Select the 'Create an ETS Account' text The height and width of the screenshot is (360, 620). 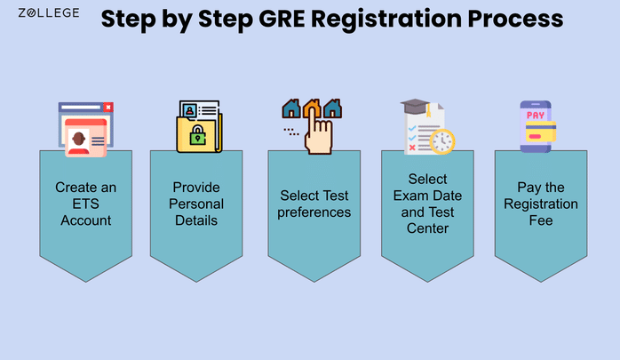click(x=86, y=204)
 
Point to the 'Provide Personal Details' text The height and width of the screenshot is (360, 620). click(x=196, y=204)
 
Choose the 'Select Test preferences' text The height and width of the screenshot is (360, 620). click(x=315, y=204)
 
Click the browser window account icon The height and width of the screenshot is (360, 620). click(x=86, y=130)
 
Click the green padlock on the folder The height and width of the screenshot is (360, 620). click(x=197, y=138)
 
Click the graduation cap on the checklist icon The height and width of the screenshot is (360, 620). click(x=414, y=108)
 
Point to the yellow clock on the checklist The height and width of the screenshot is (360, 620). click(x=441, y=140)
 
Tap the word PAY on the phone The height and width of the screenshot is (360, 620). click(x=536, y=115)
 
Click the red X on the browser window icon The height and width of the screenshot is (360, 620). click(x=108, y=107)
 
